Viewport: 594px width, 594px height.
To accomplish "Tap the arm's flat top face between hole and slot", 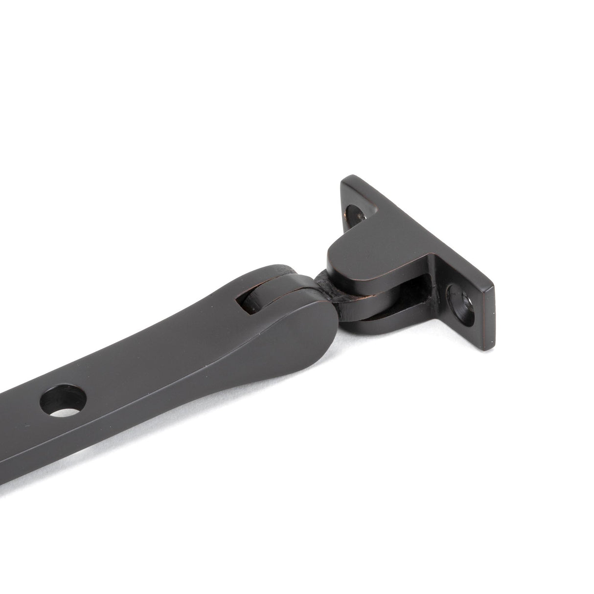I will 161,343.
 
